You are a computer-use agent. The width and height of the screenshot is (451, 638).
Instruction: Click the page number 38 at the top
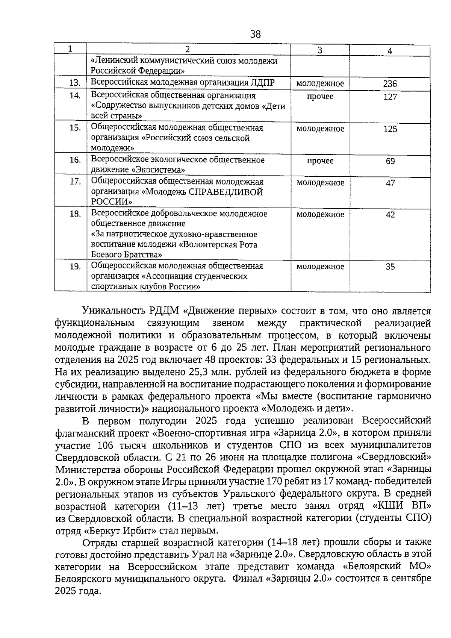pos(255,35)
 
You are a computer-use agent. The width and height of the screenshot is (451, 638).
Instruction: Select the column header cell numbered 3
pos(320,50)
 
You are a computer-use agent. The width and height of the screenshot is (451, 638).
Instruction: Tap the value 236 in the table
pos(390,84)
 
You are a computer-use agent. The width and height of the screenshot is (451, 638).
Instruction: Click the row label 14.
pos(75,95)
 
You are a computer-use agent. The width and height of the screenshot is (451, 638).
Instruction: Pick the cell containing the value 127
pos(390,97)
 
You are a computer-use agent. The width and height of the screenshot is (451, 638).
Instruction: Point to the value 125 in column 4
pos(390,129)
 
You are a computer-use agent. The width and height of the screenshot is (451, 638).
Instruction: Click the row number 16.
pos(75,160)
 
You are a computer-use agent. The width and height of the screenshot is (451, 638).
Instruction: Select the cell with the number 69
pos(390,161)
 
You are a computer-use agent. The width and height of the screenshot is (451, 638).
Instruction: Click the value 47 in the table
pos(390,183)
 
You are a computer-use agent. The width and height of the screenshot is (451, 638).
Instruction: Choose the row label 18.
pos(75,214)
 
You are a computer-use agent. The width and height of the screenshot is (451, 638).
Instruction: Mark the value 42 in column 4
pos(390,215)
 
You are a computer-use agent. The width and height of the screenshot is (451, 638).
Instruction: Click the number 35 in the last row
pos(390,267)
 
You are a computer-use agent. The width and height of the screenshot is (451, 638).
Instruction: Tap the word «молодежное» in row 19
pos(320,267)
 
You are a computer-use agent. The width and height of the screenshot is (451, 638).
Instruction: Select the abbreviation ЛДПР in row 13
pos(262,83)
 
